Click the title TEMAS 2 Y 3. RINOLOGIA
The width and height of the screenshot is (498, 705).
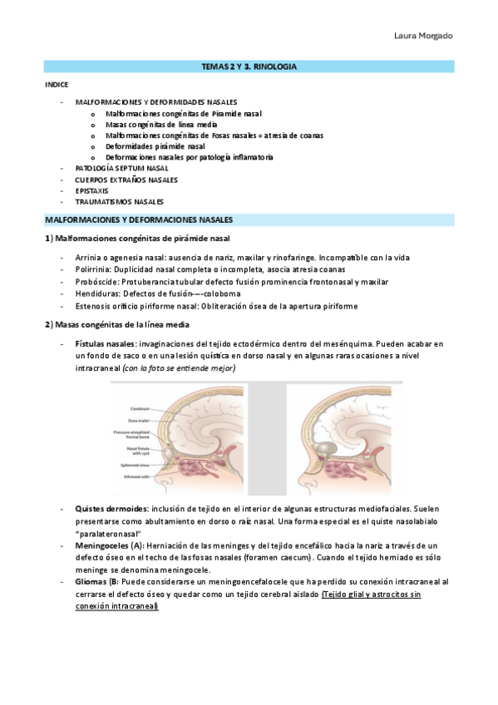[249, 65]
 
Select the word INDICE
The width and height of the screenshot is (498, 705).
[57, 85]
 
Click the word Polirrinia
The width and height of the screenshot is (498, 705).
[91, 269]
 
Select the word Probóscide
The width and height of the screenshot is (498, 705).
[93, 282]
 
